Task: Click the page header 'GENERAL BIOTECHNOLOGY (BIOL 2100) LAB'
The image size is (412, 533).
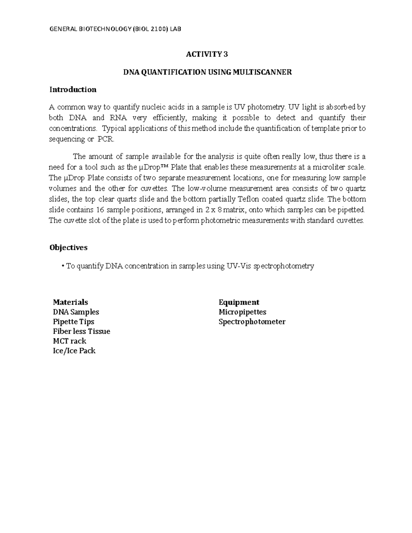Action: pos(115,29)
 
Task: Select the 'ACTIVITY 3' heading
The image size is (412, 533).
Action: pos(207,54)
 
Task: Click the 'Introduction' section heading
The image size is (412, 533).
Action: pos(73,90)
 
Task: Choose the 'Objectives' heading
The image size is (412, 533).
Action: pos(68,248)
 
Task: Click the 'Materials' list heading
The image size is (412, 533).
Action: pos(70,302)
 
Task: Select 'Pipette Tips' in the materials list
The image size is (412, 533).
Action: pos(73,322)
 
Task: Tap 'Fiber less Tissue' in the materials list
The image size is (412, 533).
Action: pos(81,332)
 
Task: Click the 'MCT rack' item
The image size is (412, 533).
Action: pos(69,341)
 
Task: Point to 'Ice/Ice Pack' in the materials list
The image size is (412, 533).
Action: pos(74,351)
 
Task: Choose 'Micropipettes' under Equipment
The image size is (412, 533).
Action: pos(242,312)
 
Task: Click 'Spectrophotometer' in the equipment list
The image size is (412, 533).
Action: pos(252,322)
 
